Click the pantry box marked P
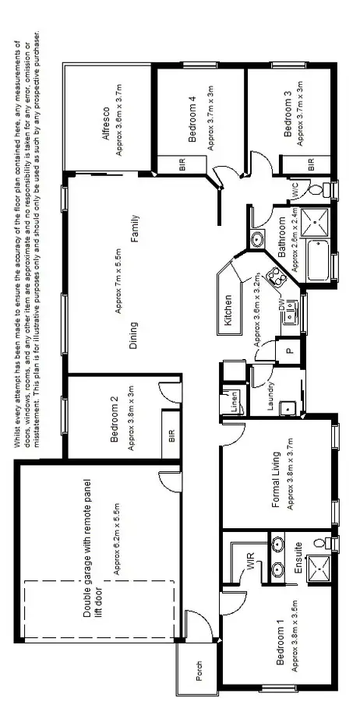coord(288,353)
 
